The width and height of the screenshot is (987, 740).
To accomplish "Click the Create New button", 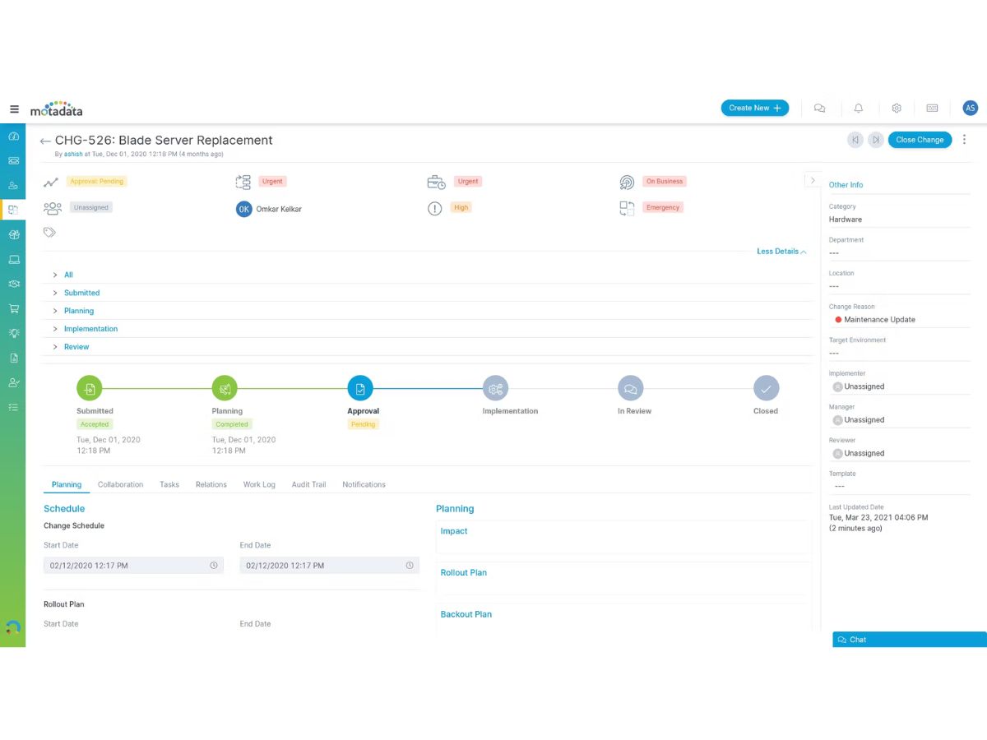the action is (754, 108).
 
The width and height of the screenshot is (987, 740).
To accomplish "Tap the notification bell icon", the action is (859, 109).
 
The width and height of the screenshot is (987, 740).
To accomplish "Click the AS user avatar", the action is (970, 108).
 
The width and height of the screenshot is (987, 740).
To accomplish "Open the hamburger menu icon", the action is (14, 109).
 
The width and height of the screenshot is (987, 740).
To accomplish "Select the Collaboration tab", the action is (121, 484).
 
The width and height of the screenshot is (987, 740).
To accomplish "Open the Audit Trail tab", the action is (308, 484).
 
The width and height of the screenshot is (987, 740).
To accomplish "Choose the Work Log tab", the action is (259, 484).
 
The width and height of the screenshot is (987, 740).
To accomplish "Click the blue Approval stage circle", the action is (360, 388).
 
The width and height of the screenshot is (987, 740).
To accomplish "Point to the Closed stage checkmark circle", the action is (766, 388).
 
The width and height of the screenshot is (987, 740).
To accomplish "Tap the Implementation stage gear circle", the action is (495, 388).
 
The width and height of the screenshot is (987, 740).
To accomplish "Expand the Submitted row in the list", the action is (81, 293).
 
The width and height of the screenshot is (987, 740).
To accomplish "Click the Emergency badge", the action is (663, 207).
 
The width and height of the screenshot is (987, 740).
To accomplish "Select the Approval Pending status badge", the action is (97, 182).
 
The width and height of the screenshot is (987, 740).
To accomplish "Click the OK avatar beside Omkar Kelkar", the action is (243, 209).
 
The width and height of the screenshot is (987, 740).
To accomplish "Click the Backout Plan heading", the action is (466, 614).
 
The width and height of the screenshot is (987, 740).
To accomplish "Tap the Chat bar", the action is (909, 640).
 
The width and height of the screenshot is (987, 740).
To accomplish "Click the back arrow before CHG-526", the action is (45, 141).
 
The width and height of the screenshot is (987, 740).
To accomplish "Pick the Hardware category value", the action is (846, 220).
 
